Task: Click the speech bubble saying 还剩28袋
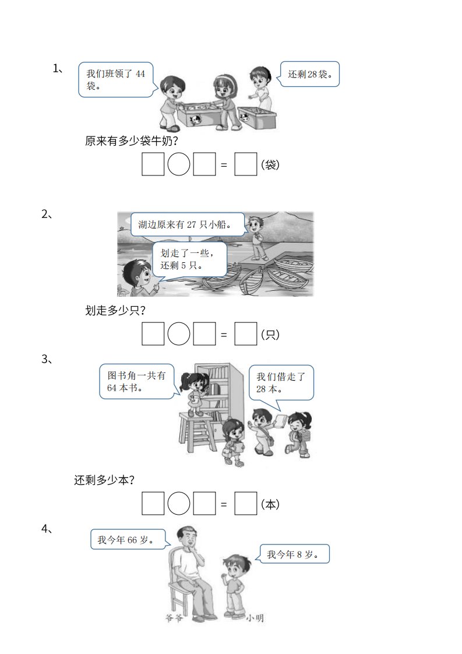point(311,74)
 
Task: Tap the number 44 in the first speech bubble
point(140,74)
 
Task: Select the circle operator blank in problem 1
point(178,164)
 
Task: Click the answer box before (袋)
point(246,164)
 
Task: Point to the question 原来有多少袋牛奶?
point(131,141)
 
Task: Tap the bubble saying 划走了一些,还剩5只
point(189,259)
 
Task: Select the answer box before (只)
point(246,333)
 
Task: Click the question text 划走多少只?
point(115,311)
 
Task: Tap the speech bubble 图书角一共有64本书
point(137,381)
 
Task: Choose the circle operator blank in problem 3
point(178,504)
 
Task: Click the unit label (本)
point(270,504)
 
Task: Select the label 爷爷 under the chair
point(174,617)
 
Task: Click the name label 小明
point(255,618)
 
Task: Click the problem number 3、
point(47,359)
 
